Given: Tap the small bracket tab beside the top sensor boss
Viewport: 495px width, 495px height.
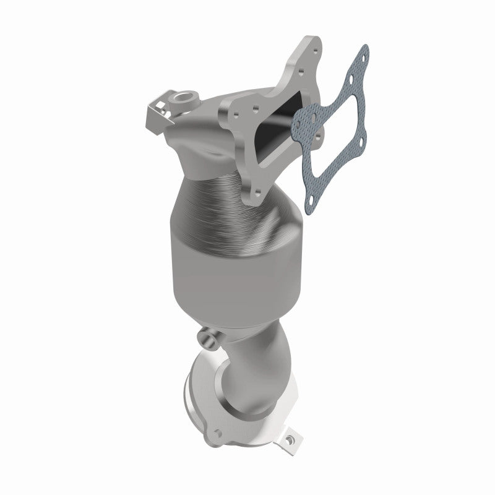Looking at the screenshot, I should pos(156,111).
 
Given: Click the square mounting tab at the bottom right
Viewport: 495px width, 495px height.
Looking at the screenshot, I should pos(287,440).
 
